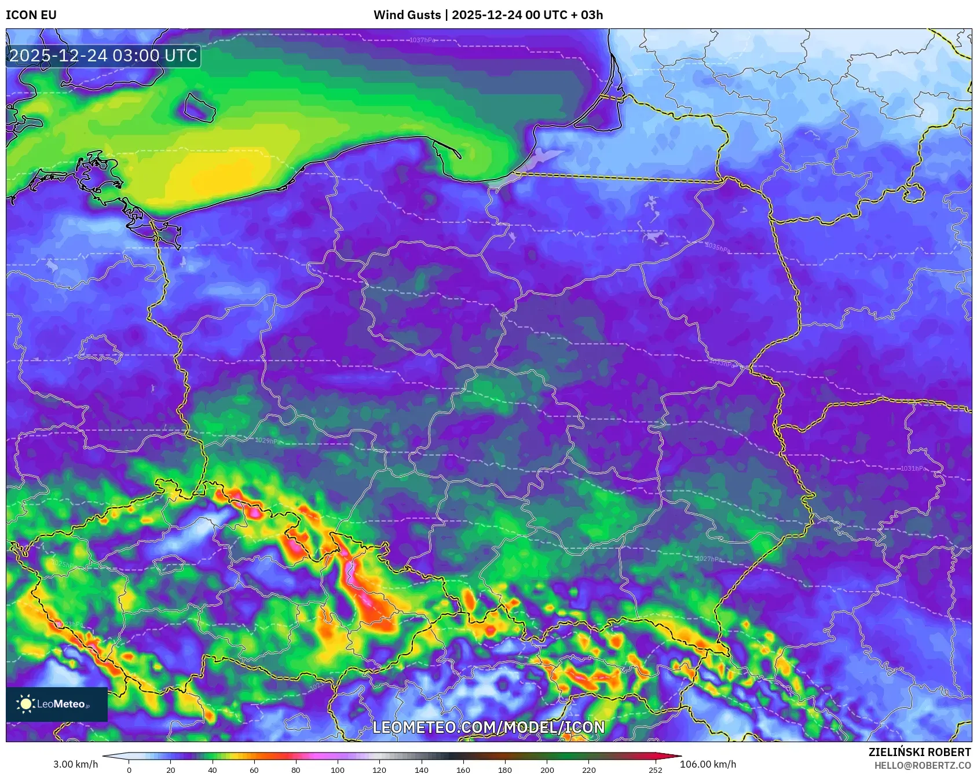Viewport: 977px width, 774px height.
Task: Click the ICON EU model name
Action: pos(31,15)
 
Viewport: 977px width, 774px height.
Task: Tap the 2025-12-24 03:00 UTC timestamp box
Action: pos(103,56)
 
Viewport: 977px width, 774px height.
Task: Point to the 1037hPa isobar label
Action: pos(422,40)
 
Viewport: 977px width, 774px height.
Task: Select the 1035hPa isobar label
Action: pos(718,247)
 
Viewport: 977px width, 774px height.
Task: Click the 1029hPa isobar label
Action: pos(268,441)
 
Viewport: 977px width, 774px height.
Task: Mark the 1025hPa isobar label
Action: pos(62,564)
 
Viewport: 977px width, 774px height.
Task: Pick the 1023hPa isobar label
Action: pos(71,624)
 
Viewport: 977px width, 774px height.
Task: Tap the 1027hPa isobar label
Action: pos(709,559)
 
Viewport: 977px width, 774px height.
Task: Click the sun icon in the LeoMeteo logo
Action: pos(26,704)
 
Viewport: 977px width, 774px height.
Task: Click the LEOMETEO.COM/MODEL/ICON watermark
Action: pos(488,727)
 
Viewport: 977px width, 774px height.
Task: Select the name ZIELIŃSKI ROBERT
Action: pos(919,752)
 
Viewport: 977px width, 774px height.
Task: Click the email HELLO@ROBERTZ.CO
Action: pos(922,765)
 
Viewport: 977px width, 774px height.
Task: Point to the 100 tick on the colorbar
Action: pos(338,769)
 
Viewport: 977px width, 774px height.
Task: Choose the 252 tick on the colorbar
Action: pos(656,769)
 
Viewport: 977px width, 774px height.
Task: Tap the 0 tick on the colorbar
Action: pos(129,769)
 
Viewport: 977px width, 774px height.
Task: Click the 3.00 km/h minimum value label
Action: pos(76,764)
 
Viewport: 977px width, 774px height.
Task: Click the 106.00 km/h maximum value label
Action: pos(708,764)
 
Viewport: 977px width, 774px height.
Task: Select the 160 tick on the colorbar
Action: pos(463,769)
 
